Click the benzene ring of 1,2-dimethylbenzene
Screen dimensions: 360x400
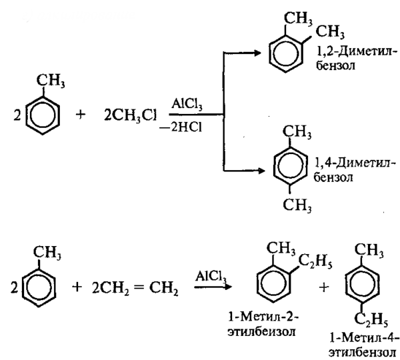tap(288, 55)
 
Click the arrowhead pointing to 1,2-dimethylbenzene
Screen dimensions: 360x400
tap(261, 55)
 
